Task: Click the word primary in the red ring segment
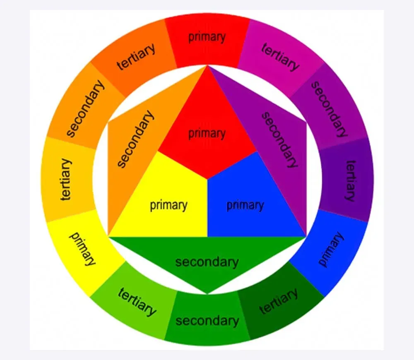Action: click(x=207, y=37)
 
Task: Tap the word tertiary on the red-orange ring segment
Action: click(x=136, y=57)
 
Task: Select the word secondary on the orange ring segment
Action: click(x=85, y=108)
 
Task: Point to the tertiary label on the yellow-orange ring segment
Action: click(x=66, y=180)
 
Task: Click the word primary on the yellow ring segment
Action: click(x=82, y=249)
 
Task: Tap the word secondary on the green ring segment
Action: click(x=207, y=321)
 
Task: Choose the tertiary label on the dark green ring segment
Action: click(x=279, y=301)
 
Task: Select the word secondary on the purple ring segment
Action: click(x=329, y=109)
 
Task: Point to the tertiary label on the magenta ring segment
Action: click(x=280, y=57)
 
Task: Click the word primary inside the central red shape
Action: click(x=207, y=134)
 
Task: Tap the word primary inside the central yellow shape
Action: click(x=169, y=205)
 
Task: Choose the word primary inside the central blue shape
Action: click(x=245, y=205)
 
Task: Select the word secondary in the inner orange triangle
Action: click(x=135, y=139)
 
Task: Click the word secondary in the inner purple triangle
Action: click(x=279, y=139)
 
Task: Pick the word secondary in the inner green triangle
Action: click(x=207, y=262)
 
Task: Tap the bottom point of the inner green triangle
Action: click(x=207, y=294)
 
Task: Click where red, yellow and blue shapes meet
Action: click(x=207, y=180)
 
